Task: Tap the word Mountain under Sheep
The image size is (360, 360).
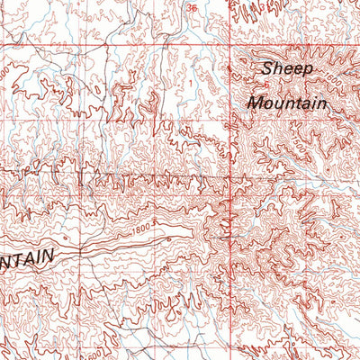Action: (x=286, y=103)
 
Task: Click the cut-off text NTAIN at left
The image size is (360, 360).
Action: (x=26, y=257)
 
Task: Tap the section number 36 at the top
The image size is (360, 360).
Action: (x=191, y=8)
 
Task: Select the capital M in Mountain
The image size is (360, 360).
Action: (x=255, y=103)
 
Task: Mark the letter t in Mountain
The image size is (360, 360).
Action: (x=295, y=103)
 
